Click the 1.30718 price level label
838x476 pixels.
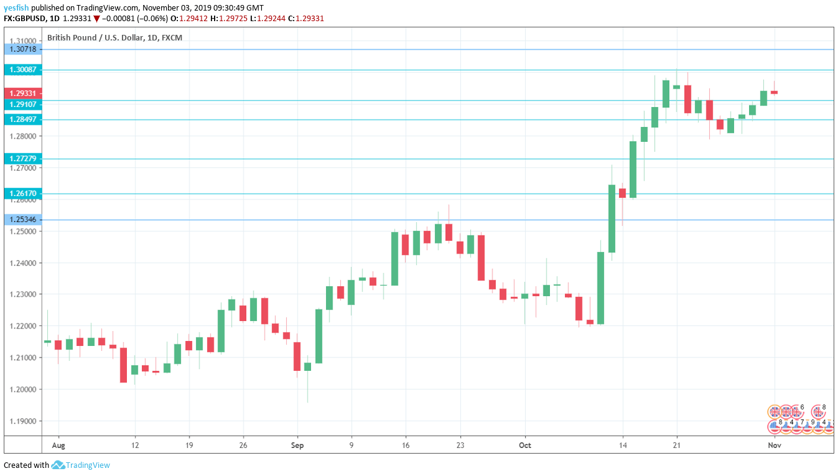coord(22,49)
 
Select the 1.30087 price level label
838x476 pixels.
coord(22,70)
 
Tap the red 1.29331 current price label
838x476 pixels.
coord(22,93)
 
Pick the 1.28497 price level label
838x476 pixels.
coord(22,119)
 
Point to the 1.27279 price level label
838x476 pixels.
coord(22,159)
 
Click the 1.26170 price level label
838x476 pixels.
coord(22,194)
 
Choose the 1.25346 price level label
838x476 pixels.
coord(22,219)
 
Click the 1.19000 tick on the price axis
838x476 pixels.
coord(22,421)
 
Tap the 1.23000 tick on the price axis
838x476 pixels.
coord(22,294)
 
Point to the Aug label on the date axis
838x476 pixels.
coord(58,446)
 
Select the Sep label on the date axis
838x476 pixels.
coord(297,446)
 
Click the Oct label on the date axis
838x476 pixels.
coord(525,446)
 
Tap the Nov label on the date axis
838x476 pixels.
coord(775,446)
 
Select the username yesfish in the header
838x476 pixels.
coord(16,8)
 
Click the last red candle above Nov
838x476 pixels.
coord(775,92)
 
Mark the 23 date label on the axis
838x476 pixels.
coord(460,446)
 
